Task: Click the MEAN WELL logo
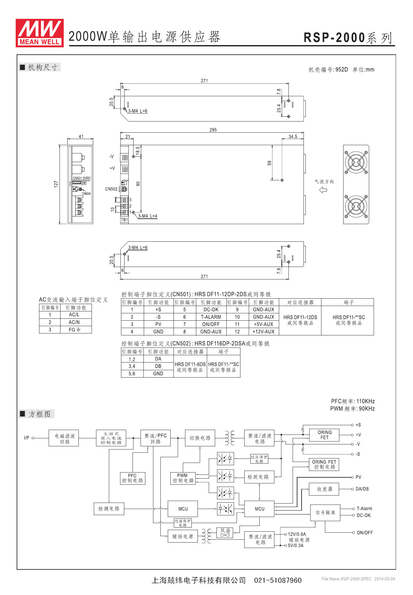[39, 33]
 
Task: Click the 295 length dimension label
[213, 130]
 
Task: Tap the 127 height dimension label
[56, 184]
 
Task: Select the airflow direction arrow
[323, 190]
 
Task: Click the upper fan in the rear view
[356, 162]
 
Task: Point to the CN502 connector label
[111, 189]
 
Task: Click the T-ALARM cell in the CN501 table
[211, 317]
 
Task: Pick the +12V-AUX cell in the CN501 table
[263, 332]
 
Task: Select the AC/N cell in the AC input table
[74, 322]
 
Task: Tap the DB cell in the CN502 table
[158, 366]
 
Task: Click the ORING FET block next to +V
[324, 435]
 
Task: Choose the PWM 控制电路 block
[183, 478]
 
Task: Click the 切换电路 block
[200, 438]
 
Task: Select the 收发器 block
[324, 489]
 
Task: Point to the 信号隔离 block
[325, 513]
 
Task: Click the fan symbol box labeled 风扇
[225, 532]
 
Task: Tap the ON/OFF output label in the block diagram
[365, 533]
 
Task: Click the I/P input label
[27, 438]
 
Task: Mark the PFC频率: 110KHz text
[353, 401]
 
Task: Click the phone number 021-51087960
[278, 580]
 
